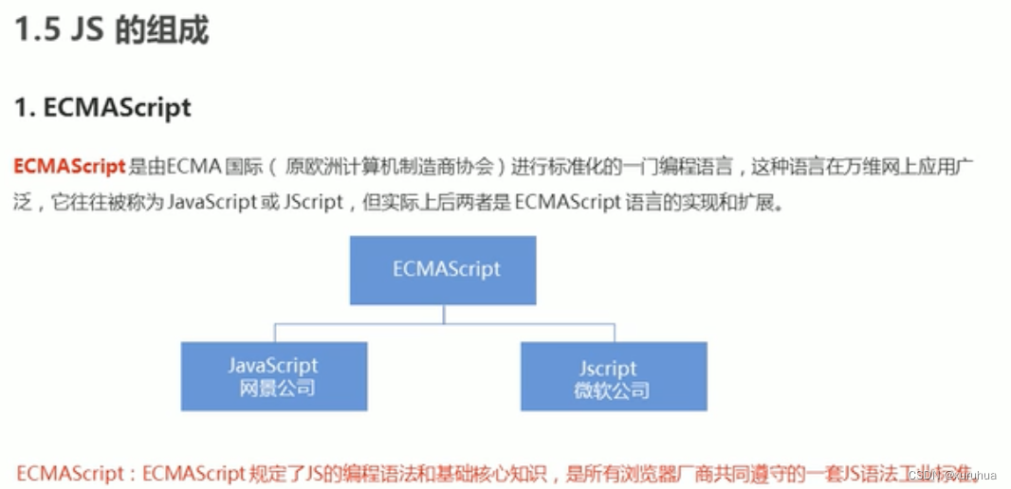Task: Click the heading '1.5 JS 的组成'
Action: click(x=112, y=31)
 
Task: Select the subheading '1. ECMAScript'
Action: click(x=102, y=108)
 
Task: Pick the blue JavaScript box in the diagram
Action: click(x=273, y=375)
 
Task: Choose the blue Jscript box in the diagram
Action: click(x=613, y=375)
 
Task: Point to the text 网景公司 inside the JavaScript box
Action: click(x=273, y=389)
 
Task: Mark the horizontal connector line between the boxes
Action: click(x=445, y=324)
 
